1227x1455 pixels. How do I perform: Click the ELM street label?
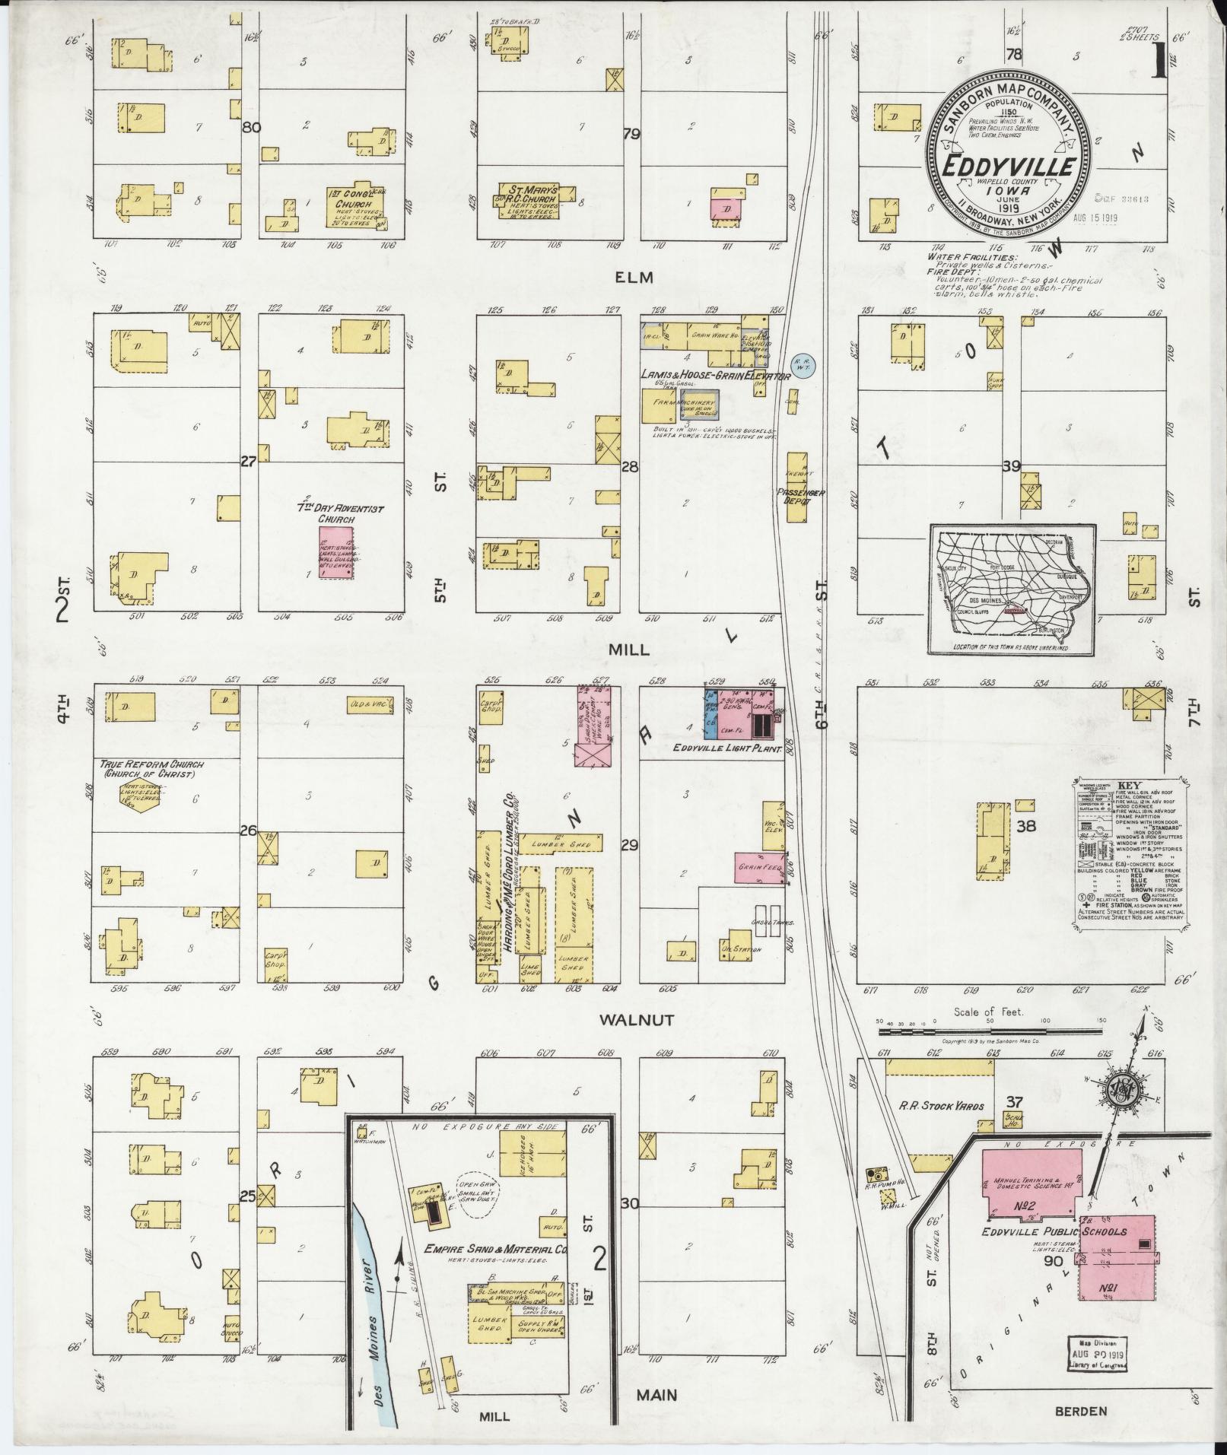[635, 278]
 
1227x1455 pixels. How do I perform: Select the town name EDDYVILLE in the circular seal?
[1009, 167]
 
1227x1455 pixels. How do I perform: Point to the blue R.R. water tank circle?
[803, 365]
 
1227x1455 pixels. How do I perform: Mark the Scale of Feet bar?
[989, 1032]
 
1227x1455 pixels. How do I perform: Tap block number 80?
[251, 128]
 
